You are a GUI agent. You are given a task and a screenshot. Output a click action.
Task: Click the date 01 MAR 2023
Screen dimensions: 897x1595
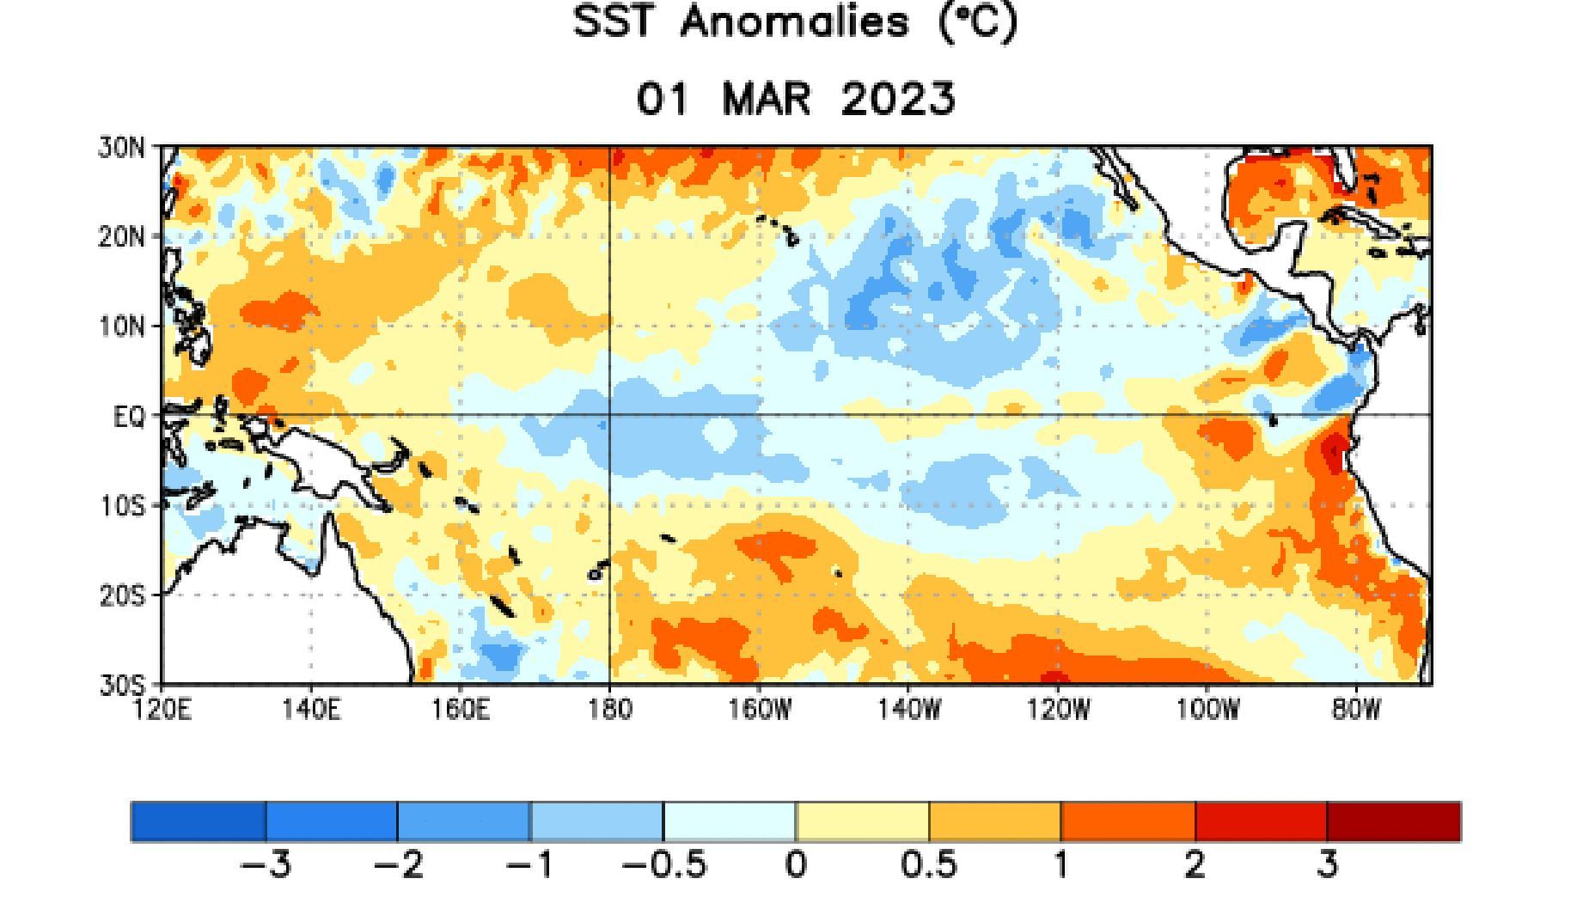[795, 99]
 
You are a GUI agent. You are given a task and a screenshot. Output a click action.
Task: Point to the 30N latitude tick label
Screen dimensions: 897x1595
[122, 147]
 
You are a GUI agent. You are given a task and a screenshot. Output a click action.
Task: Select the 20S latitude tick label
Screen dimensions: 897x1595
[122, 595]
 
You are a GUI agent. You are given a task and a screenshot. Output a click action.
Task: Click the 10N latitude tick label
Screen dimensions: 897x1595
[122, 326]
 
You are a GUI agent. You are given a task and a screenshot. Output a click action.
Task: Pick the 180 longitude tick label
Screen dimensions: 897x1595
[609, 710]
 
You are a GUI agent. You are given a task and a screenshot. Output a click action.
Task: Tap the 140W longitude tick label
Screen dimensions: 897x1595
[909, 710]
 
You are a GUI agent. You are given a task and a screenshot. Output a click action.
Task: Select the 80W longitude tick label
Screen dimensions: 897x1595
[1356, 710]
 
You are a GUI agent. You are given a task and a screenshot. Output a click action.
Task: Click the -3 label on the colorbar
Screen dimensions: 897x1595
[266, 864]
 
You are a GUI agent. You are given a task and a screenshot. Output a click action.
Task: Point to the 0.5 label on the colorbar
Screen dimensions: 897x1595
[928, 864]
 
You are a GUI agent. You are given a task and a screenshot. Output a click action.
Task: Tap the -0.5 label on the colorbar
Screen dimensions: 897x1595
[663, 864]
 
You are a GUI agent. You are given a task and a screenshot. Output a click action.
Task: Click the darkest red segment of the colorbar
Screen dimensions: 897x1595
[1393, 821]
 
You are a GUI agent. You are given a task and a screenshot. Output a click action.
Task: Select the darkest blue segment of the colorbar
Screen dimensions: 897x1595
[199, 821]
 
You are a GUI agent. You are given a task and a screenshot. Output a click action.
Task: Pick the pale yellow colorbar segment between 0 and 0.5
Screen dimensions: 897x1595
[862, 821]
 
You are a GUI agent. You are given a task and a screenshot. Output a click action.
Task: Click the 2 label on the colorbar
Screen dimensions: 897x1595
[1195, 864]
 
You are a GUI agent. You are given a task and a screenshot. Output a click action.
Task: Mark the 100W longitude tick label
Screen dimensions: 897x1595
[1207, 710]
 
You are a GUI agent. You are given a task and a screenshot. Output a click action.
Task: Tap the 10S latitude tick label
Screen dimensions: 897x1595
[122, 506]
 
